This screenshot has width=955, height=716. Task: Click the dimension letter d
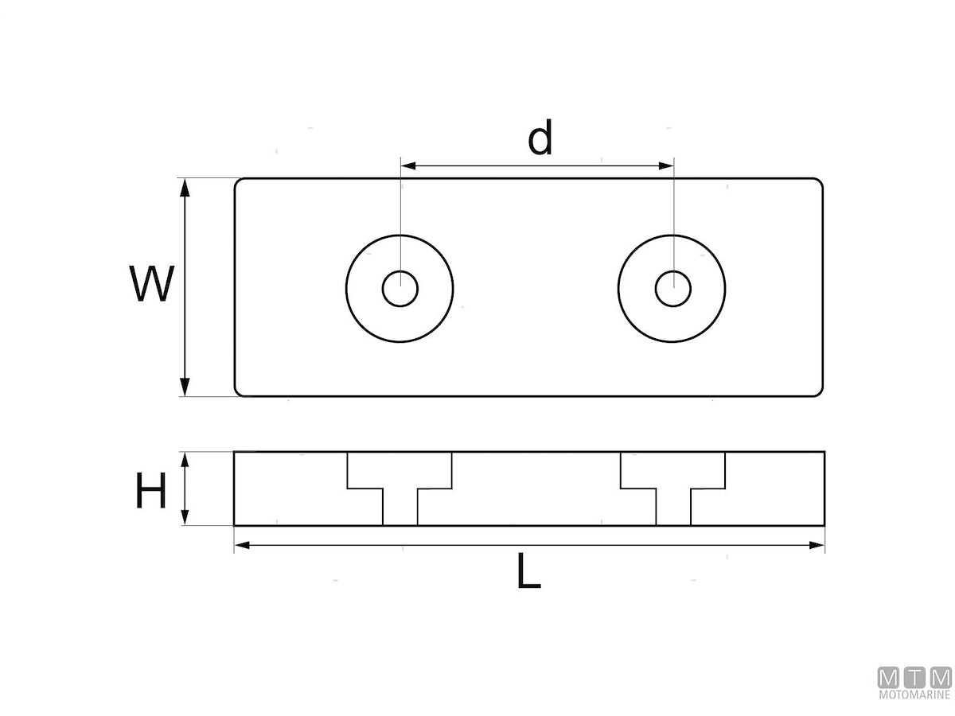540,137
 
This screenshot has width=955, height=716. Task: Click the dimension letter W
152,283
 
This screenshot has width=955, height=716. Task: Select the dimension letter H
151,490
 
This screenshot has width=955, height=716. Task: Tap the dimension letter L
528,570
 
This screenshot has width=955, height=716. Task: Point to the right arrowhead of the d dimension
666,165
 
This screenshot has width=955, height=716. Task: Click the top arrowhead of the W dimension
185,188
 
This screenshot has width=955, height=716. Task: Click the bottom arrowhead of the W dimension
185,387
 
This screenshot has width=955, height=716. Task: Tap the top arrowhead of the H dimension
185,460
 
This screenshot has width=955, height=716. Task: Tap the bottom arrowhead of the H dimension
185,518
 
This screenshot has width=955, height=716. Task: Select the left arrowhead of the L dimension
243,545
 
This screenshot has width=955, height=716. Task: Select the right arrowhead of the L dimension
817,545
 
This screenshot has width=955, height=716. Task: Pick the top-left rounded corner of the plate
237,181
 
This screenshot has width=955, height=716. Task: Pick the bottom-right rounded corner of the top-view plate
821,394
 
